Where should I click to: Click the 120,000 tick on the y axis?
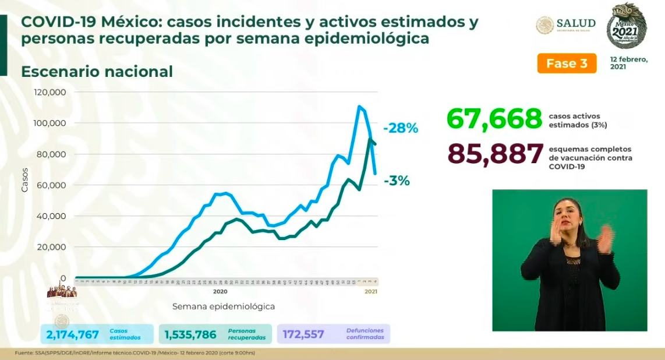pyautogui.click(x=50, y=93)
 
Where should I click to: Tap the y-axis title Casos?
pyautogui.click(x=24, y=179)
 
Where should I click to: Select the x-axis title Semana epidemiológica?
pyautogui.click(x=223, y=306)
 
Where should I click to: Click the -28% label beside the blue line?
pyautogui.click(x=400, y=128)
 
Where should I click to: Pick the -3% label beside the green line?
pyautogui.click(x=397, y=181)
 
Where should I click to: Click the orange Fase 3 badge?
pyautogui.click(x=566, y=63)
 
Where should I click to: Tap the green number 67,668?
pyautogui.click(x=494, y=119)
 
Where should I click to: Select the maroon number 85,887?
pyautogui.click(x=495, y=154)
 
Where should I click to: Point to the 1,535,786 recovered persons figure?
pyautogui.click(x=190, y=334)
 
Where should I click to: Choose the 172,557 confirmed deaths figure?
pyautogui.click(x=303, y=334)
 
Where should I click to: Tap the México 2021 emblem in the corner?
pyautogui.click(x=626, y=26)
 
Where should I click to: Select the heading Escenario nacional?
pyautogui.click(x=97, y=72)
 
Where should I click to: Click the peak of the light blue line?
pyautogui.click(x=359, y=106)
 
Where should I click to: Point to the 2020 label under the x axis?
pyautogui.click(x=220, y=291)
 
